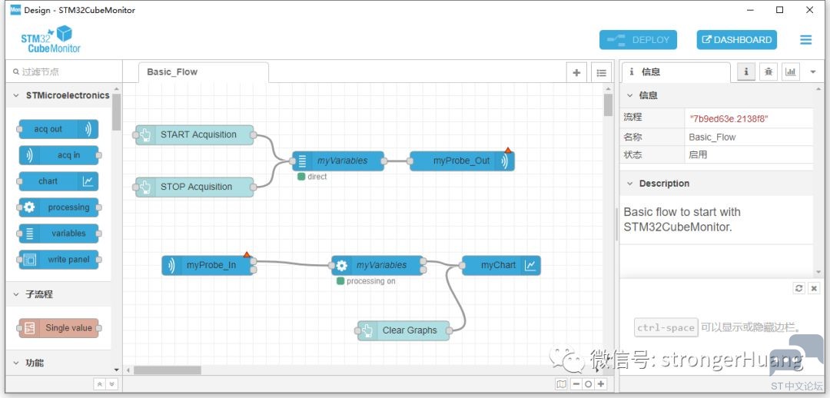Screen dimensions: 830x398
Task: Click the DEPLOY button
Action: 638,40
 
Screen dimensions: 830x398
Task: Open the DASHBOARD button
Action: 736,40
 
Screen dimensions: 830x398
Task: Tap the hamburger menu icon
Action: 805,40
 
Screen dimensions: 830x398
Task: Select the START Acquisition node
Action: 194,135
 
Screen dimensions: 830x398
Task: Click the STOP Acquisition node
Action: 194,187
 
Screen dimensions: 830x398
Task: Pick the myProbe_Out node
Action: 462,161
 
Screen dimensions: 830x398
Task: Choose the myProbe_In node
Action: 207,265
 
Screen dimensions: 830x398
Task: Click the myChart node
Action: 501,265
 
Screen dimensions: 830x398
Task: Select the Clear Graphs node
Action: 403,331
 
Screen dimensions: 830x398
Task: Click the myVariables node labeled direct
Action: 338,161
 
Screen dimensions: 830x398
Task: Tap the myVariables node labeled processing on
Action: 377,265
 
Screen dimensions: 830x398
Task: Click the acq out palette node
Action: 58,129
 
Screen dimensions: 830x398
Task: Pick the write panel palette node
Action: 58,260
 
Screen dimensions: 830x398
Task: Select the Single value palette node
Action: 58,328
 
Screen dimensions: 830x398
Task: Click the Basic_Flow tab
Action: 203,72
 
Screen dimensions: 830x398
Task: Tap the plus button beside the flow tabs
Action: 576,72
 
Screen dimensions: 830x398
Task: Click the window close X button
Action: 809,10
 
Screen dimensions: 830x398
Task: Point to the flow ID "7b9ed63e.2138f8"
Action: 729,118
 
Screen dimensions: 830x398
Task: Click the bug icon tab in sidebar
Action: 768,72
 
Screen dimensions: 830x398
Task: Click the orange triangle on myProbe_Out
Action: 508,151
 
